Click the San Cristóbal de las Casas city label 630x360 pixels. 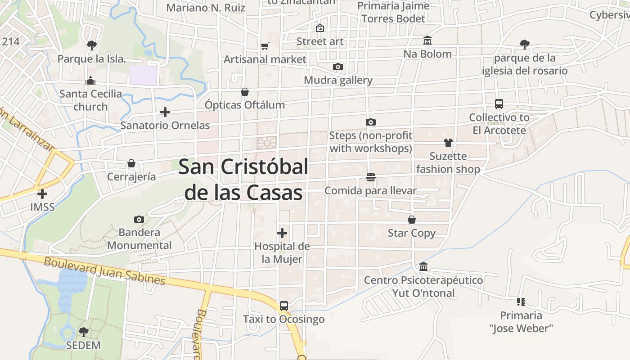[x=243, y=180]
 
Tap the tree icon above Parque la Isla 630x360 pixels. [x=91, y=45]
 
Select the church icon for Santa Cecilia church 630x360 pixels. [x=90, y=81]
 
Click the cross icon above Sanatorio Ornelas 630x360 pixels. [x=165, y=112]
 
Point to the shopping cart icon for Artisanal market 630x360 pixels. [x=265, y=46]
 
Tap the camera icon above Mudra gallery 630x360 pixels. [x=338, y=67]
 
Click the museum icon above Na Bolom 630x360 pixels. [x=427, y=41]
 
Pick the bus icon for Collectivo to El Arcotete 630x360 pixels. [x=499, y=104]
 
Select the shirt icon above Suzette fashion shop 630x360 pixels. [x=448, y=143]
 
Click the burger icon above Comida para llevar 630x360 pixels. [x=371, y=177]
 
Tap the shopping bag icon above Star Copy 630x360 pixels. [x=412, y=220]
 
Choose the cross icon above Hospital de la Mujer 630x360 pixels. [x=282, y=233]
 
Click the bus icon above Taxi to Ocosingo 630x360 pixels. [x=284, y=306]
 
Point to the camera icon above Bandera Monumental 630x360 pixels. [x=139, y=219]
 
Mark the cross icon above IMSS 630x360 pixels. [x=42, y=194]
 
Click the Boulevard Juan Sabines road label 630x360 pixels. [x=104, y=270]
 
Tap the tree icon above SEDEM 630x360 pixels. [x=83, y=332]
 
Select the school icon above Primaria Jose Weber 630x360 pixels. [x=521, y=302]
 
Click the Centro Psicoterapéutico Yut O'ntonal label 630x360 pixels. [x=423, y=287]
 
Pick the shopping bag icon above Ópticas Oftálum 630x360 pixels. [x=245, y=92]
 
